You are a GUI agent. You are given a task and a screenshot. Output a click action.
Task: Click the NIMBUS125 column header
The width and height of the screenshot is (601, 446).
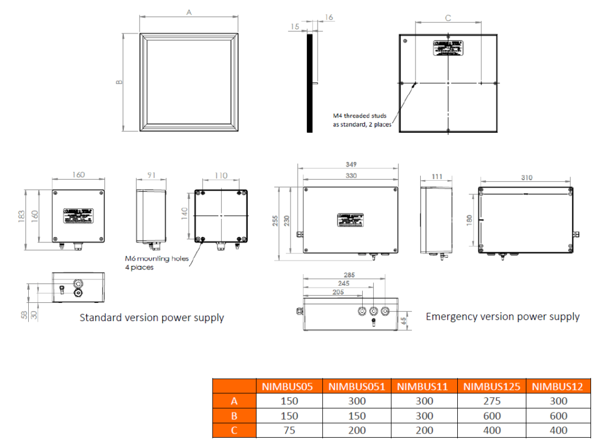(492, 386)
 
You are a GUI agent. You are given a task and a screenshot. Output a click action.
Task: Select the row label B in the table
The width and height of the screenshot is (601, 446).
(234, 415)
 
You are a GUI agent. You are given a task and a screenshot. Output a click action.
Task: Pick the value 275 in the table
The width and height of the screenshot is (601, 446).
(492, 401)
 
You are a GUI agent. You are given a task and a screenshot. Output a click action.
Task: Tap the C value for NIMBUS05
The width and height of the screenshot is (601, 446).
(289, 430)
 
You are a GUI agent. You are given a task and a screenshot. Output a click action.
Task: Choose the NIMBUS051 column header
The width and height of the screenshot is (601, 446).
(357, 386)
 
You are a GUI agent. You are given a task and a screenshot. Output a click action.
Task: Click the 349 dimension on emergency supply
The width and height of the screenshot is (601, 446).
(352, 164)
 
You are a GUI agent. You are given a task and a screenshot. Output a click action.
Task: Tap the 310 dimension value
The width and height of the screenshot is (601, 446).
(526, 177)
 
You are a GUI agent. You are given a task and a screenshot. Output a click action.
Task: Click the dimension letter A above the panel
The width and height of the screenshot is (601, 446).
(189, 12)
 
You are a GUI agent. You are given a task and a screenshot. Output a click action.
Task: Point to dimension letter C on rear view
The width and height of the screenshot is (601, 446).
(448, 18)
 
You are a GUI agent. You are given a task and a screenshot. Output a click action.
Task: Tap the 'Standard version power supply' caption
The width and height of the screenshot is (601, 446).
(151, 317)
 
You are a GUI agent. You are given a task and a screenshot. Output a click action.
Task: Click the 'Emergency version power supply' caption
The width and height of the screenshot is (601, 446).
(502, 316)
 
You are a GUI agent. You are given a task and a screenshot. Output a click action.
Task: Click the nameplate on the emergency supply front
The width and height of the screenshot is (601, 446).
(350, 219)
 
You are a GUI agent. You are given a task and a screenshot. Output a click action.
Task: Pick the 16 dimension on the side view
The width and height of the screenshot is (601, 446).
(329, 18)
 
